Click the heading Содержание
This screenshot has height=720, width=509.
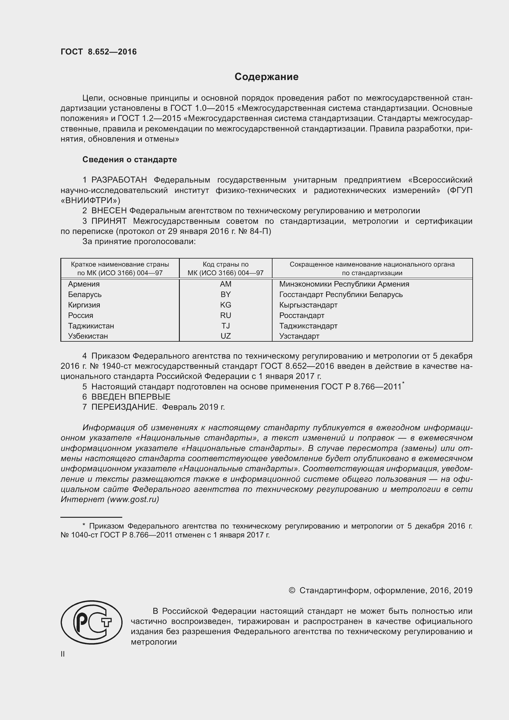[266, 77]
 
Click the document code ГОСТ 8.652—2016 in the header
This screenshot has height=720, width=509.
[99, 52]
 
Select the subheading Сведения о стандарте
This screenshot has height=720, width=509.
[130, 160]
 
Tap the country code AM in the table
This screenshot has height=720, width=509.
[225, 284]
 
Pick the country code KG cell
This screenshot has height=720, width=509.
[225, 305]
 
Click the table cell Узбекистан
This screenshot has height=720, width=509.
[88, 336]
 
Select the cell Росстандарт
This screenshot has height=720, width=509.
[302, 316]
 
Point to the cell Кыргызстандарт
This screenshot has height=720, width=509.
[308, 305]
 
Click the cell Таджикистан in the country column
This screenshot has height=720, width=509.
[91, 326]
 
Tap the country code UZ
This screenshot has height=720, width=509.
[225, 336]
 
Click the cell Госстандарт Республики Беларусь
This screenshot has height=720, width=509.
[341, 295]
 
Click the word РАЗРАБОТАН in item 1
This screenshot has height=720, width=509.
[119, 180]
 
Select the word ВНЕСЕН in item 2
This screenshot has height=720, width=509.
[109, 211]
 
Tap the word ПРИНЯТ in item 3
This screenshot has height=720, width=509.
[109, 221]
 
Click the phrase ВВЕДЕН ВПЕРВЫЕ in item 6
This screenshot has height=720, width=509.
[131, 397]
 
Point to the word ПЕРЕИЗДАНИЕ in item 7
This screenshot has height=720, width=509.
[124, 407]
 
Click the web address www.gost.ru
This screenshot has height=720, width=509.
[133, 499]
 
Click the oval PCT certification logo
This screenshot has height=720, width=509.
[91, 622]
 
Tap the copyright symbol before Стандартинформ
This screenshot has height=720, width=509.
[292, 590]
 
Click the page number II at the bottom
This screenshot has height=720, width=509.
[63, 654]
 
